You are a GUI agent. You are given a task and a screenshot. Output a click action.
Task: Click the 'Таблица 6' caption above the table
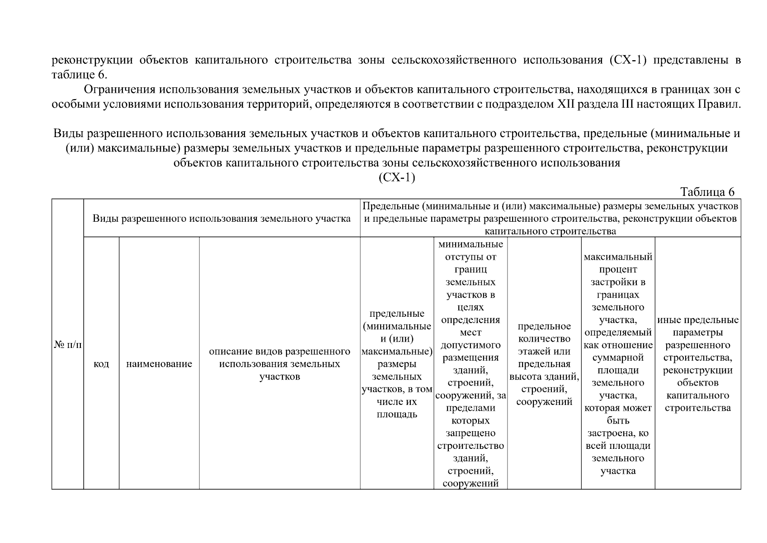point(707,192)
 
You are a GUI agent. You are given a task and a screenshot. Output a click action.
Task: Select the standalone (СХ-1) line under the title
point(396,177)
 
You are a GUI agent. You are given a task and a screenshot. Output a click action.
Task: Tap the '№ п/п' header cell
point(68,345)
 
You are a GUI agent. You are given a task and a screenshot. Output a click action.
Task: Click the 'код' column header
point(101,364)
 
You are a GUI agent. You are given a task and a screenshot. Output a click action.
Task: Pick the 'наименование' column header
point(159,364)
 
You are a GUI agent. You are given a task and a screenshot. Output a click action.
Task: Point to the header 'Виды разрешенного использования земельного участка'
point(221,219)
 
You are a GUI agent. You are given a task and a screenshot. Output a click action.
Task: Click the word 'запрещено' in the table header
point(471,433)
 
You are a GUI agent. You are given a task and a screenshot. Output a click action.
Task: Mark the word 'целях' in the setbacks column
point(471,307)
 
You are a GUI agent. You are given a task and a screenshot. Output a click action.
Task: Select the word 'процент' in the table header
point(618,270)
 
